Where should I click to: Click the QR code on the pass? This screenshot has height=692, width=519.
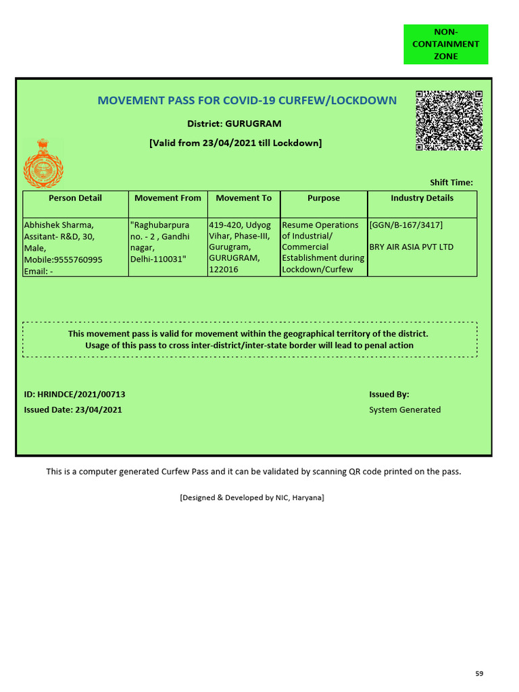point(449,120)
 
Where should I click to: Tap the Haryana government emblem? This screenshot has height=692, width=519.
point(43,163)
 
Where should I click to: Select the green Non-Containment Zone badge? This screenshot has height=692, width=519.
point(445,44)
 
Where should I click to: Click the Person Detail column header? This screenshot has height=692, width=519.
point(75,198)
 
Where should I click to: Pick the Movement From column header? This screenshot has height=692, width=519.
point(168,198)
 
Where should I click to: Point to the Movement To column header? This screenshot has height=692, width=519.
point(243,198)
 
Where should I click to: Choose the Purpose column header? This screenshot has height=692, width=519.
point(324,198)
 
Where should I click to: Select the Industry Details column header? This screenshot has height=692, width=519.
point(422,198)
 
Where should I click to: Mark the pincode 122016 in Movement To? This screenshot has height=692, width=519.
point(224,270)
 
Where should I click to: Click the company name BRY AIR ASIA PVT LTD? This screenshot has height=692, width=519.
point(412,247)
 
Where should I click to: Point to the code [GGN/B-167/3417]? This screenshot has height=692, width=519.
point(406,225)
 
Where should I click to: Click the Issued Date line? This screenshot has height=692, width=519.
point(73,410)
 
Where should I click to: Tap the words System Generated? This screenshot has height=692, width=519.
point(405,410)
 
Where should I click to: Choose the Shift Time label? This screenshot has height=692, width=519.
point(451,182)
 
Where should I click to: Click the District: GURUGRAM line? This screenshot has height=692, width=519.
point(234,124)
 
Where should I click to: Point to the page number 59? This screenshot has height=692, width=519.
point(479,674)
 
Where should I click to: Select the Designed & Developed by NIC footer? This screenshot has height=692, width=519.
point(252,497)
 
